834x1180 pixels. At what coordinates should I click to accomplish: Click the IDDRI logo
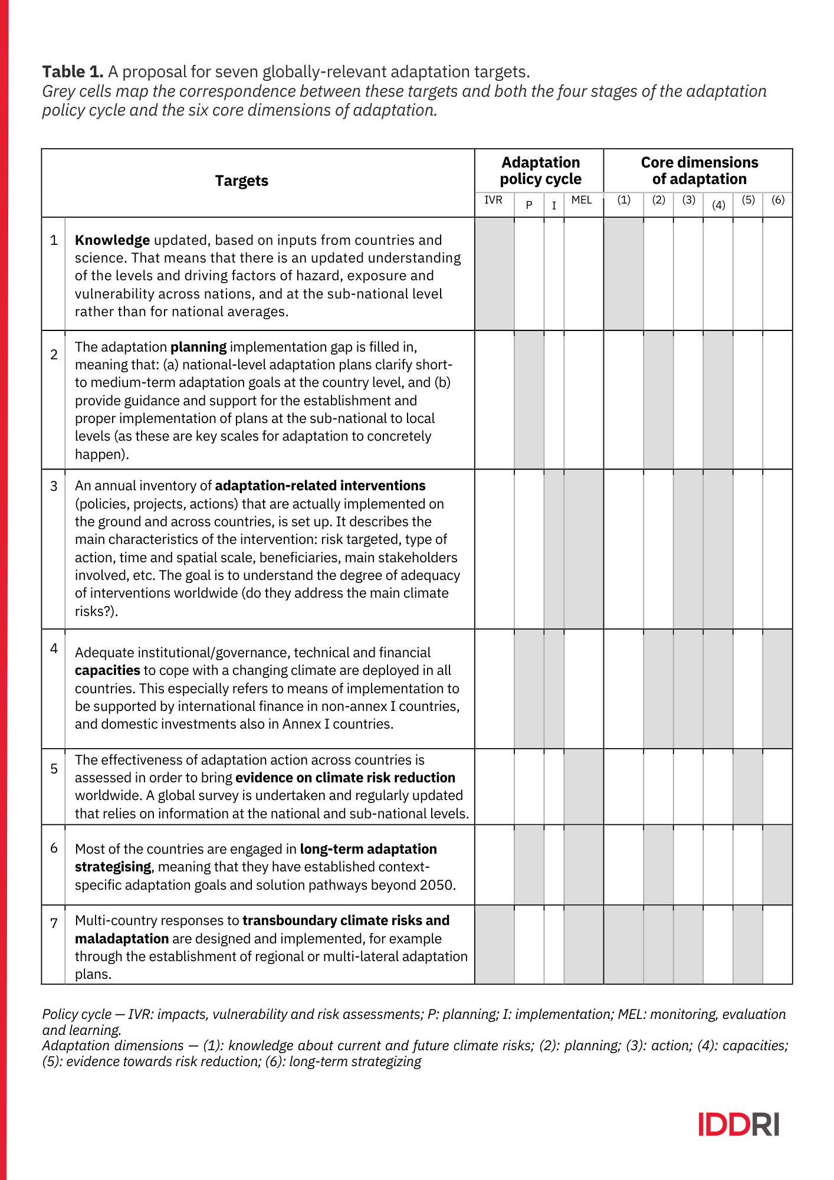(738, 1124)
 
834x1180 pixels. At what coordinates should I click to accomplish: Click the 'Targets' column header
(241, 181)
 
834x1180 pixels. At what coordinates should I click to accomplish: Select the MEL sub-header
(582, 200)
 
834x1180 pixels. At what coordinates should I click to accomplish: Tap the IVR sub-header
(493, 200)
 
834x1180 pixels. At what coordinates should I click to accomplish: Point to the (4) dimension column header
(718, 205)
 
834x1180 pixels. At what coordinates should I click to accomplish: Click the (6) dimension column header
(778, 200)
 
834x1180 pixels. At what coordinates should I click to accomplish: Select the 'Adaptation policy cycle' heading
(540, 171)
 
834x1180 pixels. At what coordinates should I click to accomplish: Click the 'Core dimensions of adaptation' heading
(699, 171)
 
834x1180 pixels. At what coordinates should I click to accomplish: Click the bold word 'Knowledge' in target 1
(112, 240)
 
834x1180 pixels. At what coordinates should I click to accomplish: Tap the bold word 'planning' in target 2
(198, 347)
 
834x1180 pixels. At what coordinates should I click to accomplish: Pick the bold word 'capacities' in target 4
(107, 670)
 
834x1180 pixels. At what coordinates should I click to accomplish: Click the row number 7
(54, 923)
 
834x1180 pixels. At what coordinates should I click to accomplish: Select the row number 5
(54, 769)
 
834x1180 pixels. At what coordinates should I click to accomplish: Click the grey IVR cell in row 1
(494, 274)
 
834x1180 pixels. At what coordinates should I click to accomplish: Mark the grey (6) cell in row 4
(777, 689)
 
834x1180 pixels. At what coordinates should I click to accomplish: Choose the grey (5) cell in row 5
(748, 786)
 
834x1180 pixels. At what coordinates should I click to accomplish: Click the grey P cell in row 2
(529, 400)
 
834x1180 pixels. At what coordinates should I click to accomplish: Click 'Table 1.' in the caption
(73, 72)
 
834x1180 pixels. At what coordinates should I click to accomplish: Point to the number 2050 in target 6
(436, 885)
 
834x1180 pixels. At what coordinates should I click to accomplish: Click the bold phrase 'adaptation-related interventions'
(320, 486)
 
